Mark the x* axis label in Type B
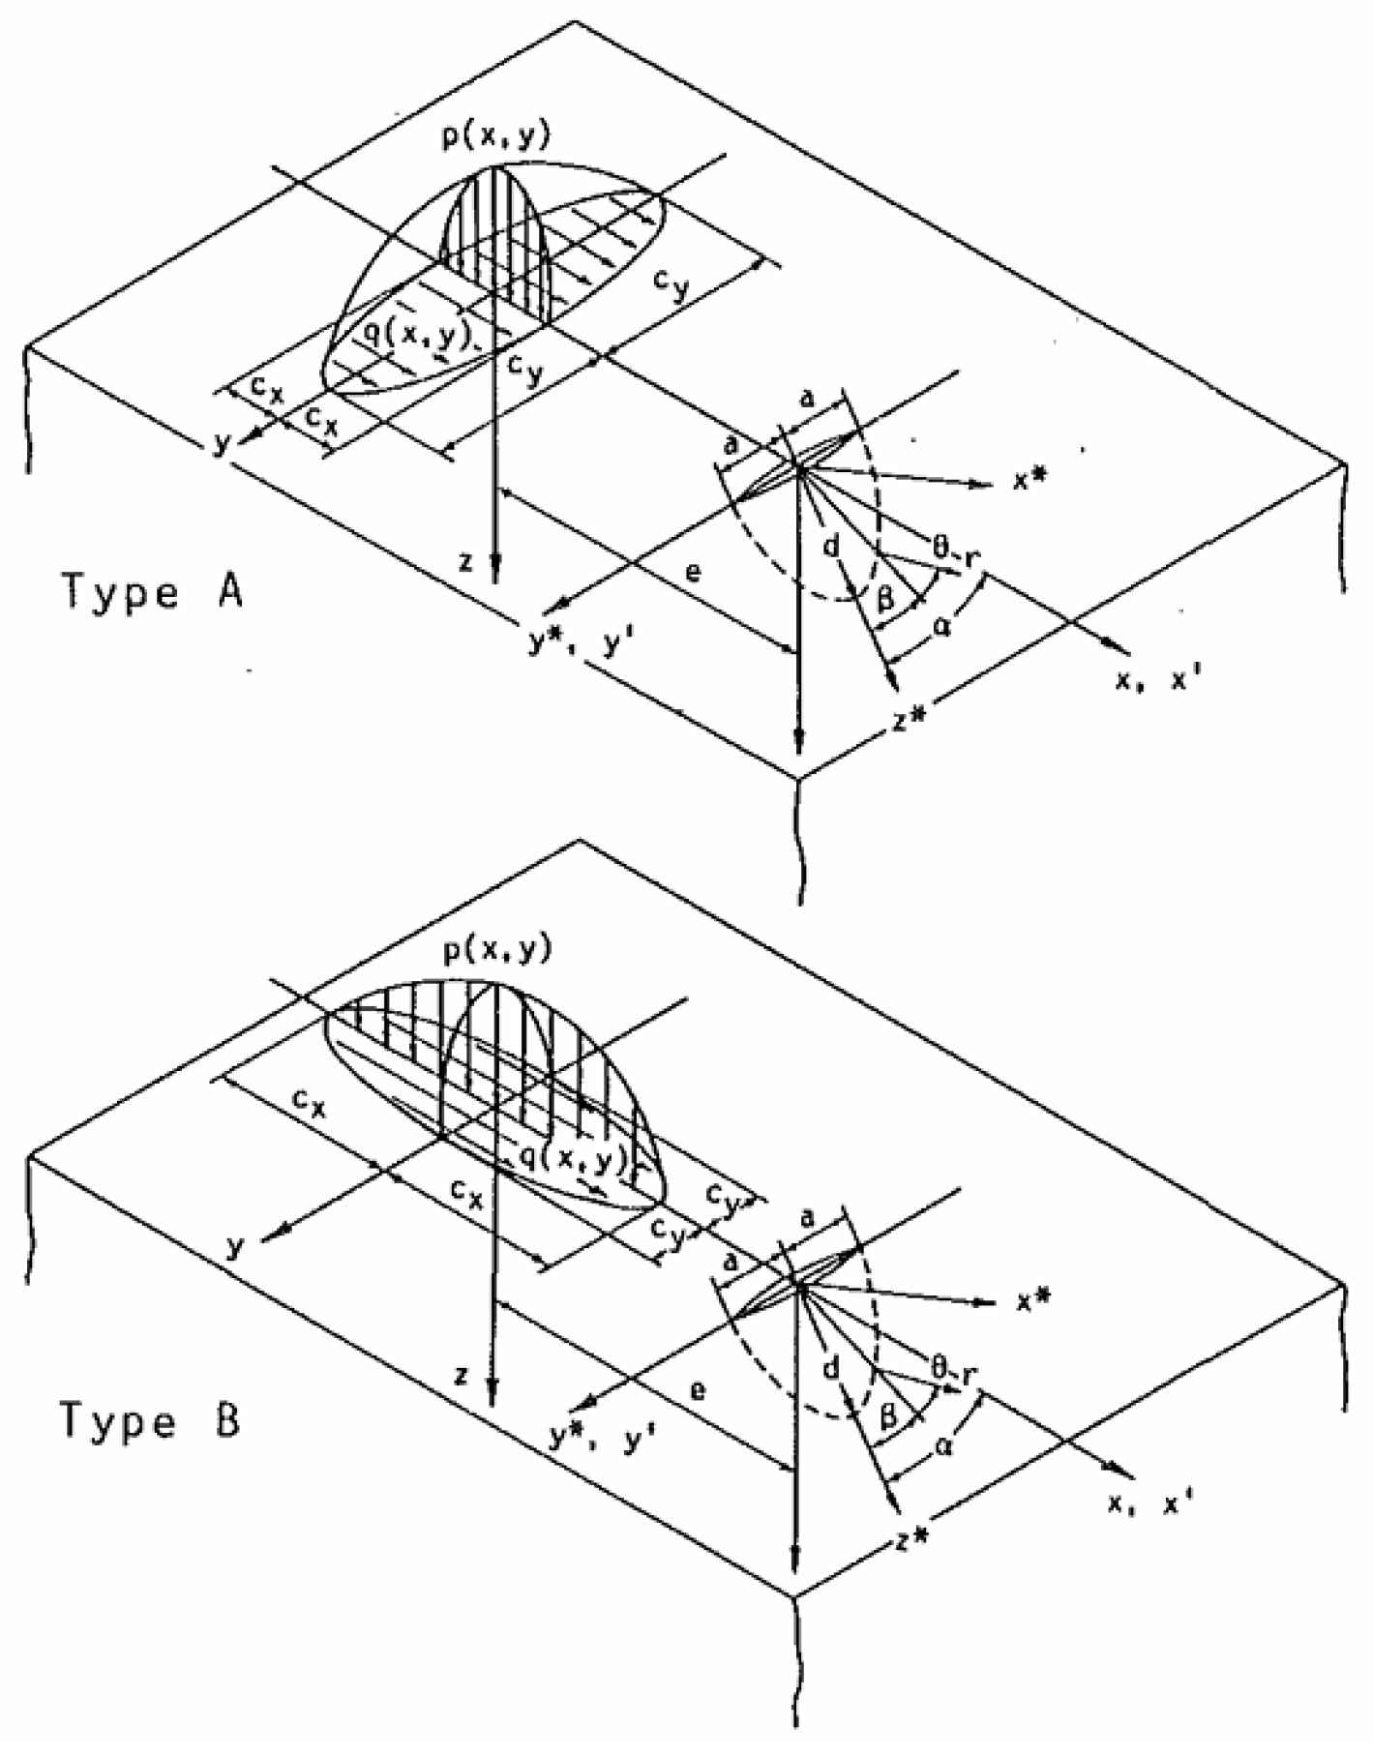(x=1033, y=1301)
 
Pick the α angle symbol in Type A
(x=940, y=627)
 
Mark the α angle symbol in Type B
(x=942, y=1447)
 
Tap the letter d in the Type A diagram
(x=830, y=548)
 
